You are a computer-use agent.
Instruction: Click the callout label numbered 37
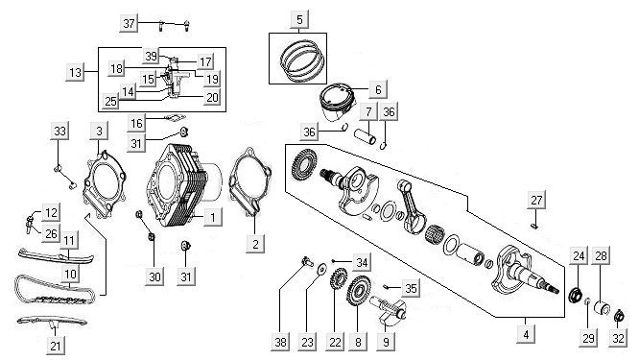tap(129, 23)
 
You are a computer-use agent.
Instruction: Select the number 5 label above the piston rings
tap(299, 19)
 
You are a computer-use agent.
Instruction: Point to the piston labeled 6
tap(337, 103)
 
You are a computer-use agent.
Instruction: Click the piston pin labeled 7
tap(365, 136)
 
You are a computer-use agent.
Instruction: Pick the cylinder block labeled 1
tap(184, 186)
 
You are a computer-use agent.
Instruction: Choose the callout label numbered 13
tap(76, 72)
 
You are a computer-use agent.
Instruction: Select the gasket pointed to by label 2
tap(250, 181)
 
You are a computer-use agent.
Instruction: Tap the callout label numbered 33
tap(59, 132)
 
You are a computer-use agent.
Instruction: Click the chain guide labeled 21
tap(52, 320)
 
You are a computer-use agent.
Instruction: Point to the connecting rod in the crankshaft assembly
tap(412, 206)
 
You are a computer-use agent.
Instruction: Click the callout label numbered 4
tap(526, 334)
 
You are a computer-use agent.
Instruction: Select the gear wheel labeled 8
tap(358, 291)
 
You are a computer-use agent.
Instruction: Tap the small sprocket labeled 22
tap(339, 279)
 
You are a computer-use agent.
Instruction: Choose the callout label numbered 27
tap(536, 201)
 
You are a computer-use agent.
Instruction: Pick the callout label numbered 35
tap(411, 288)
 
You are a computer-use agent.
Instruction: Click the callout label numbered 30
tap(154, 277)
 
